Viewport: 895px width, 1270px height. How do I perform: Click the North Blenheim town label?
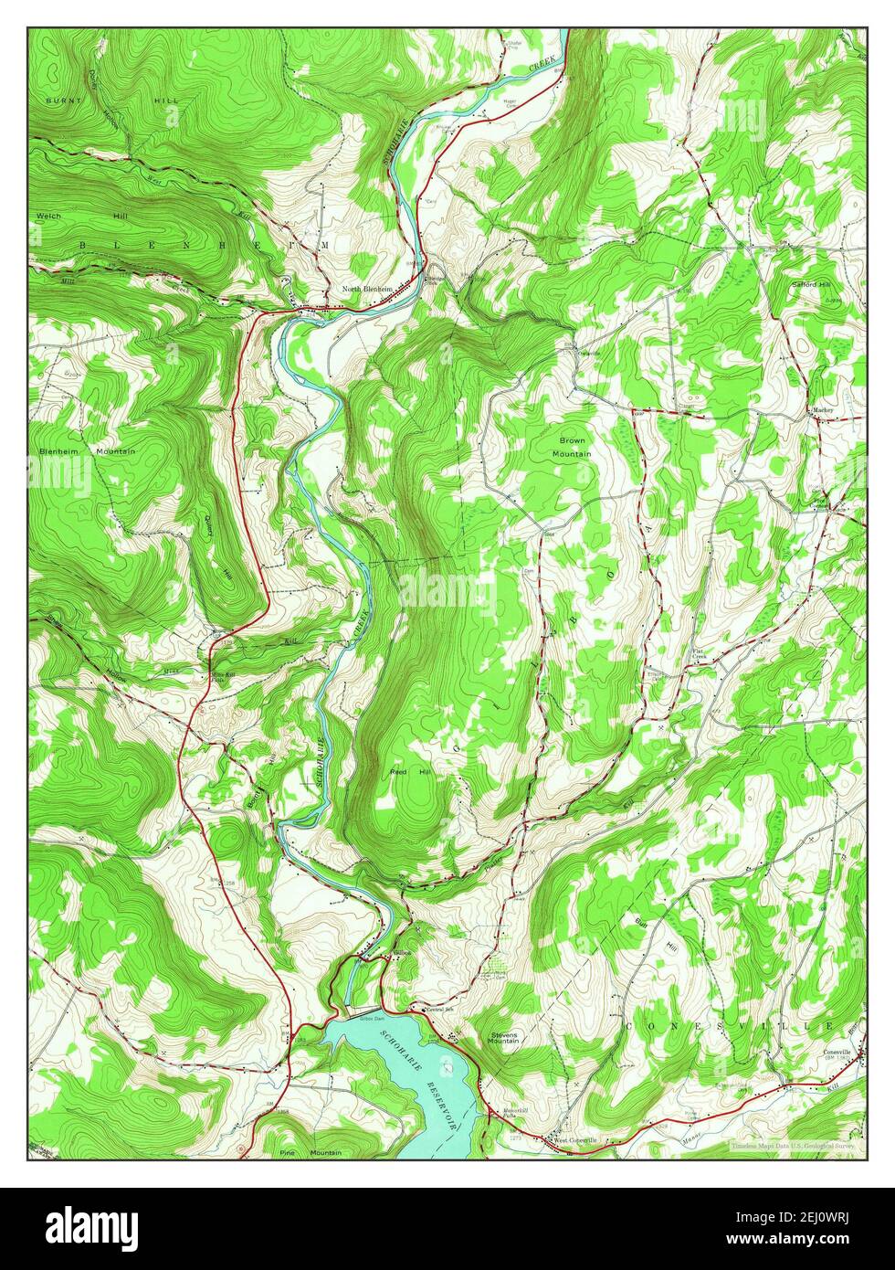(366, 290)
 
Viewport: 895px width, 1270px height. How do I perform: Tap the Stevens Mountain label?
(505, 1039)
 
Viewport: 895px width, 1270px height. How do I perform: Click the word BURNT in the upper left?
(63, 99)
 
